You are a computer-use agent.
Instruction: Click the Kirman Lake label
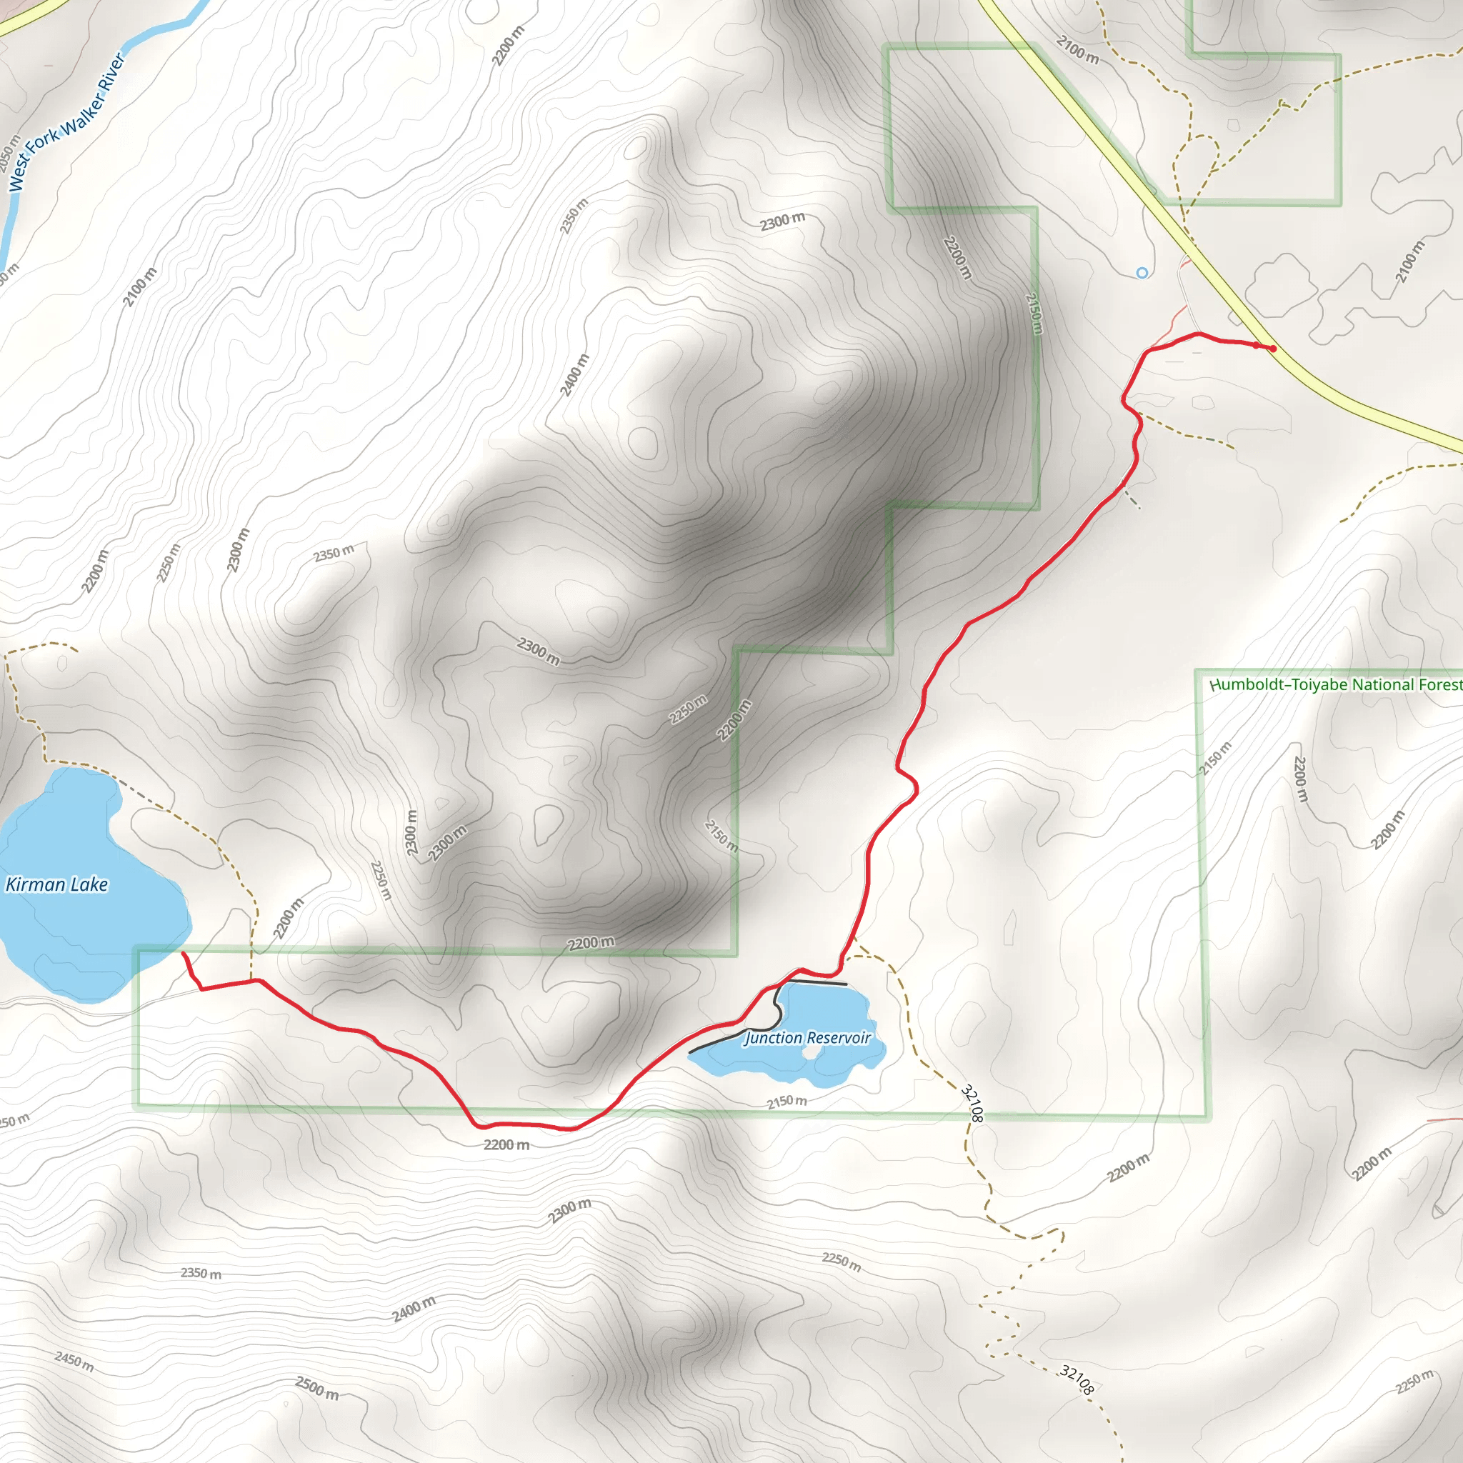tap(57, 884)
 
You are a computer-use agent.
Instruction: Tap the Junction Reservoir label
tap(807, 1037)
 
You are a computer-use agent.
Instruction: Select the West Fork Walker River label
tap(66, 122)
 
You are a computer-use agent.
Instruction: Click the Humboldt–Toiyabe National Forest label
tap(1336, 684)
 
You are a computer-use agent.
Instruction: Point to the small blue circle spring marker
tap(1142, 273)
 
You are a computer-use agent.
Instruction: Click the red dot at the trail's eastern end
tap(1274, 349)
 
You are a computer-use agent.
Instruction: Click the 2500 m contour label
tap(316, 1388)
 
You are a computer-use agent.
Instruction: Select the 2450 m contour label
tap(74, 1361)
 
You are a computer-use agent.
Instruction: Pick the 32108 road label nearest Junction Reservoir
tap(972, 1103)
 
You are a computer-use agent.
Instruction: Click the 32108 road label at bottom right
tap(1076, 1379)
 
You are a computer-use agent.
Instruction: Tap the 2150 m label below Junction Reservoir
tap(787, 1101)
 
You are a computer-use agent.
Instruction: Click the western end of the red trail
tap(182, 953)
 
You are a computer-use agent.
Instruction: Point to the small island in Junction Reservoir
tap(812, 1052)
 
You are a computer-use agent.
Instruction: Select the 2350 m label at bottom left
tap(201, 1273)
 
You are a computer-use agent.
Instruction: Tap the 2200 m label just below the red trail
tap(506, 1144)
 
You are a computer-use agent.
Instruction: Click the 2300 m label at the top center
tap(782, 222)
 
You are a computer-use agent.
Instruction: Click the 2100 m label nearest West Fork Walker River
tap(140, 287)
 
